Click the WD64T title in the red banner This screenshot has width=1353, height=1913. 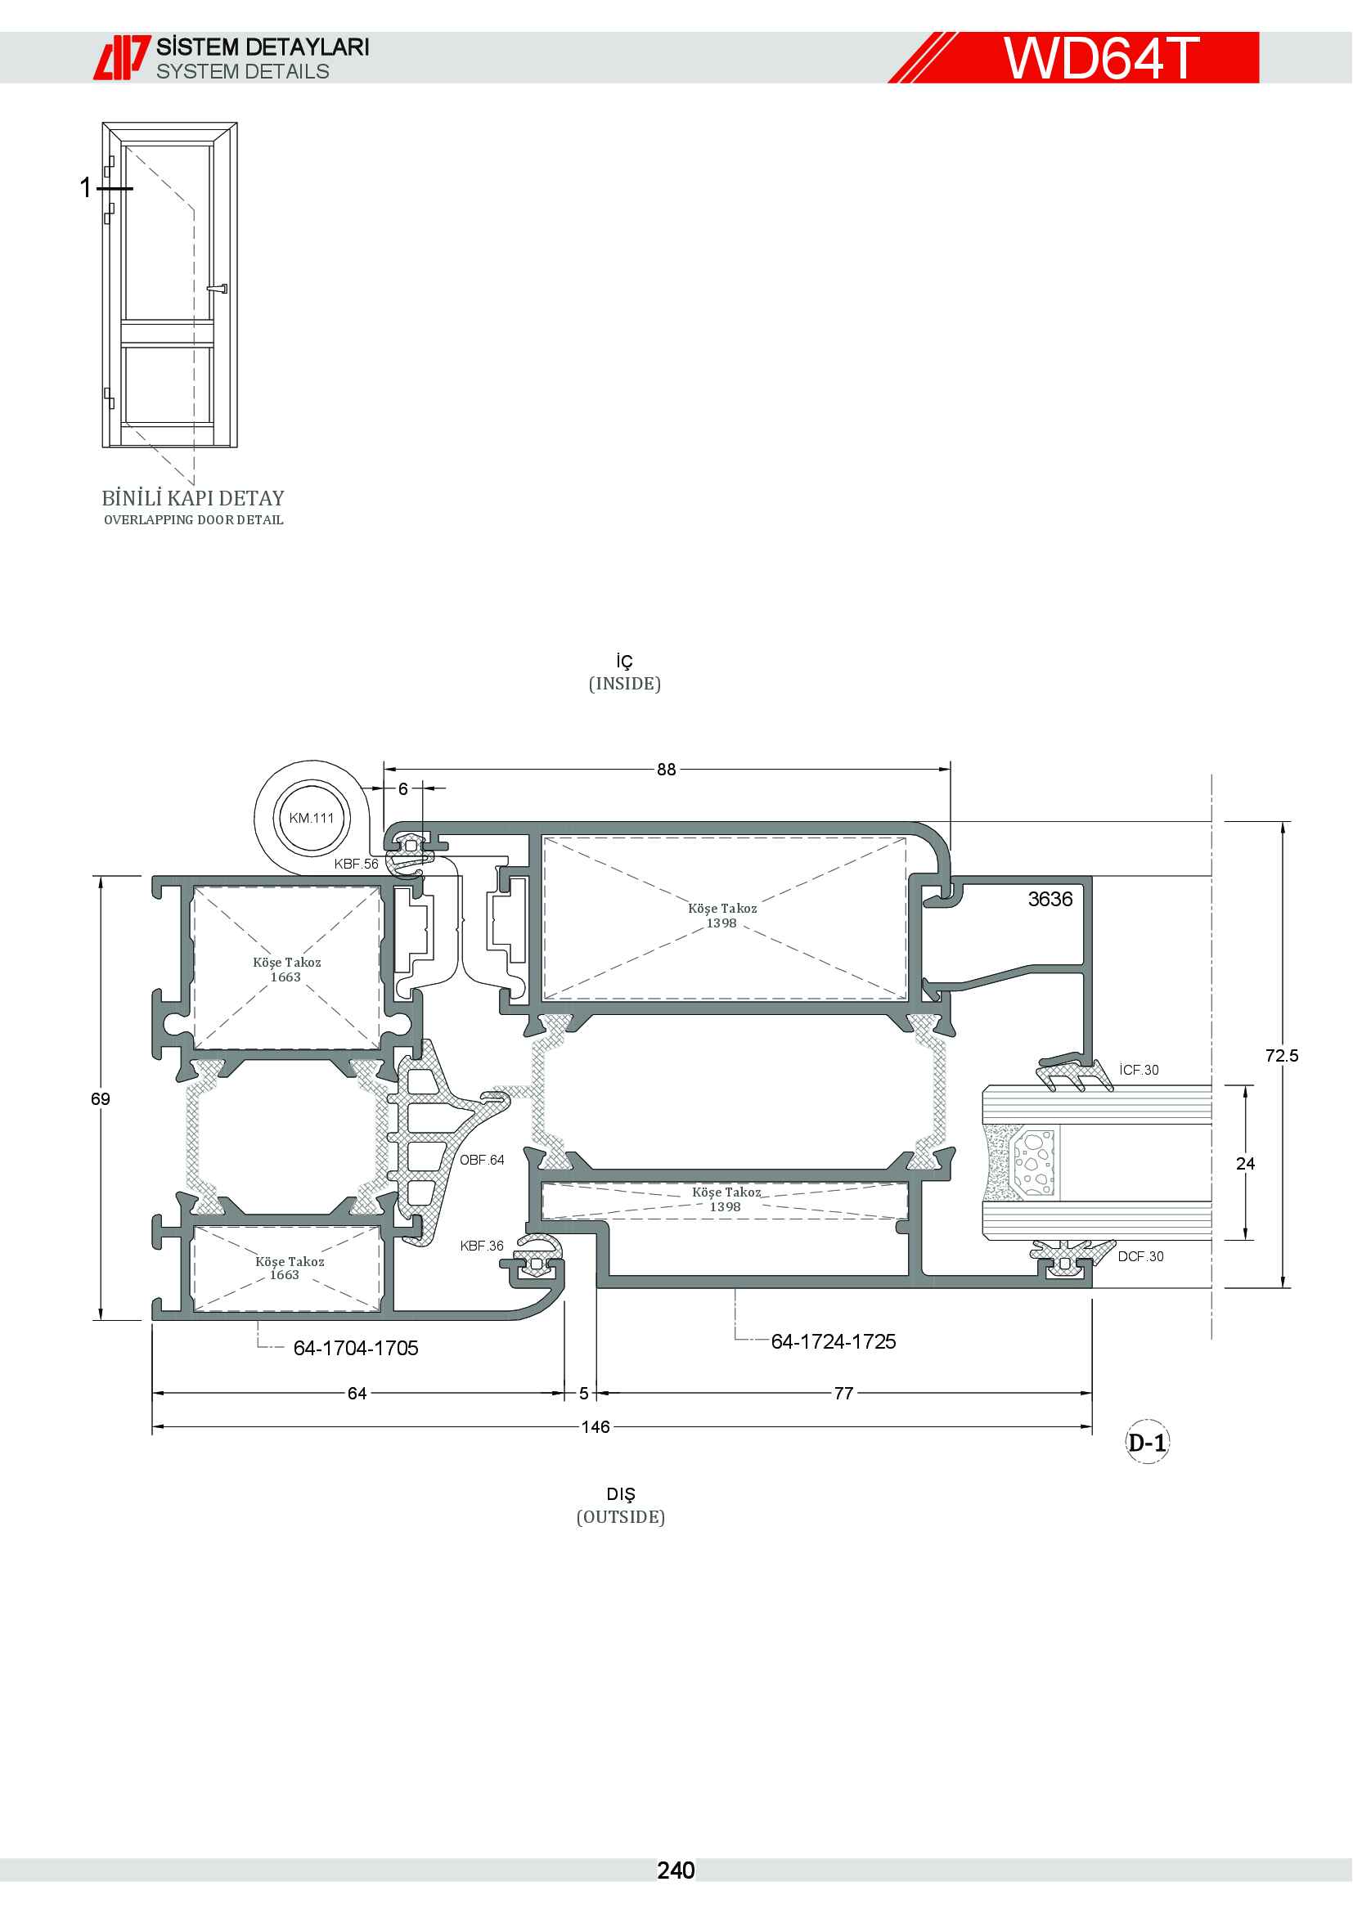1100,57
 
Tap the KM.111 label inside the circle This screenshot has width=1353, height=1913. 312,818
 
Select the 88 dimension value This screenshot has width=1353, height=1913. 667,769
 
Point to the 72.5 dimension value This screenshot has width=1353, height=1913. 1281,1056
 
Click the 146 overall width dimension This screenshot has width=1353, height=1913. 596,1427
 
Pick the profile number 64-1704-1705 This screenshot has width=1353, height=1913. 356,1348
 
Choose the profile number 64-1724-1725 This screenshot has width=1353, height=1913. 833,1341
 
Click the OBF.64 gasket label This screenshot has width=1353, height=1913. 483,1160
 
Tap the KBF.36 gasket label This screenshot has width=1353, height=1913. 483,1246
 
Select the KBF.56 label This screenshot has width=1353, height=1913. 357,864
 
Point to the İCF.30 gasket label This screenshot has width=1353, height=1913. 1139,1070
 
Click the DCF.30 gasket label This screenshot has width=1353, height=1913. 1140,1256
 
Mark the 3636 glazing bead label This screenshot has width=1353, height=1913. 1050,899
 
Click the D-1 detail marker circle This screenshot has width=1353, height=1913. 1147,1442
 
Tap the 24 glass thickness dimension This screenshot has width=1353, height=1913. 1246,1164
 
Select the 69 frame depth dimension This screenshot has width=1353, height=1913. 101,1099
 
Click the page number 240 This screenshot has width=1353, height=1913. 676,1870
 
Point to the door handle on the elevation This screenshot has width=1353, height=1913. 218,289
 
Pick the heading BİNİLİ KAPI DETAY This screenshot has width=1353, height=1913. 193,498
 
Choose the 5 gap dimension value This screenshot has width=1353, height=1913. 584,1393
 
